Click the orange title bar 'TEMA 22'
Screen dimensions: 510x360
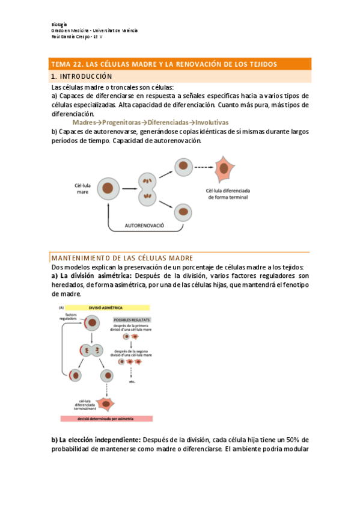coord(180,64)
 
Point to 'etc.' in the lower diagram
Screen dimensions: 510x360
coord(132,381)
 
